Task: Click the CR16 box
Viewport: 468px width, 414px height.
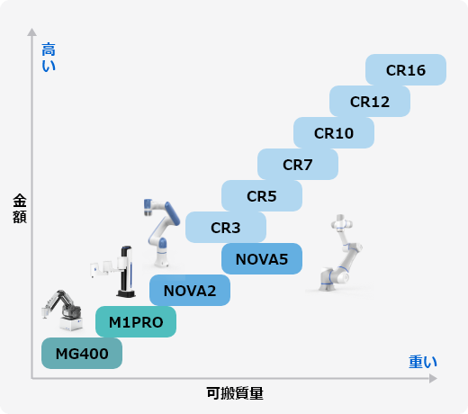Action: [x=406, y=69]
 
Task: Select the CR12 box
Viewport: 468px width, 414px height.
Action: [x=370, y=102]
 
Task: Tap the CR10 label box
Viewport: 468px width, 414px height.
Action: [x=334, y=133]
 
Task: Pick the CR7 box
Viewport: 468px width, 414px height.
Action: [x=298, y=165]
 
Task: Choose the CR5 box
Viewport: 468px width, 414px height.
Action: [x=262, y=196]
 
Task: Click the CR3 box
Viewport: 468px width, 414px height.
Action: [x=226, y=228]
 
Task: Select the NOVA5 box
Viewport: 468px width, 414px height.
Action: [x=262, y=259]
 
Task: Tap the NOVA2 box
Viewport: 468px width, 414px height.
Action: [x=190, y=291]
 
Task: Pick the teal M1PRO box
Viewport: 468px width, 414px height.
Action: [x=136, y=322]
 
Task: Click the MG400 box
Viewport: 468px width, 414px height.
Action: [x=82, y=354]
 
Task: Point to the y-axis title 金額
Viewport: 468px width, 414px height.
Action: [x=20, y=209]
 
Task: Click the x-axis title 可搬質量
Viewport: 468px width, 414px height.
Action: [x=235, y=393]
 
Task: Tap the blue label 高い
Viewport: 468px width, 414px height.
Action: [x=49, y=57]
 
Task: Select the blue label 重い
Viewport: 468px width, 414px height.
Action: [x=423, y=362]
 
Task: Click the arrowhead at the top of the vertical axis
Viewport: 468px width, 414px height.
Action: [x=31, y=32]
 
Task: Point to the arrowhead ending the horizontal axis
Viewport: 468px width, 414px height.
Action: [x=433, y=379]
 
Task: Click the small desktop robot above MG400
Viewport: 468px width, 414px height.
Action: [x=62, y=310]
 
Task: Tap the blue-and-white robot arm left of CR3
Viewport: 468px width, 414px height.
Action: [x=161, y=232]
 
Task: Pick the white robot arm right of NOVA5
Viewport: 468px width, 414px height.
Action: [x=340, y=253]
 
